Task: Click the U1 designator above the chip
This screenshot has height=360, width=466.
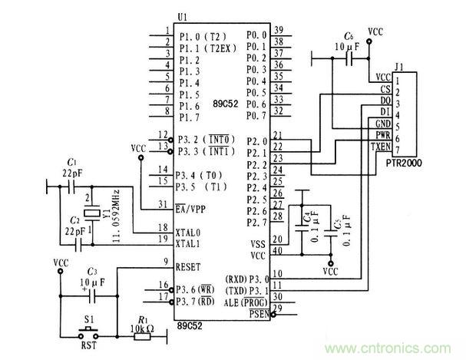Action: (181, 17)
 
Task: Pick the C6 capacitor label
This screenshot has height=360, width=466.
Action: (349, 36)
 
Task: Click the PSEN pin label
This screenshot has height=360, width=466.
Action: (256, 314)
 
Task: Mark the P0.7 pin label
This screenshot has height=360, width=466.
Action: (256, 116)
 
